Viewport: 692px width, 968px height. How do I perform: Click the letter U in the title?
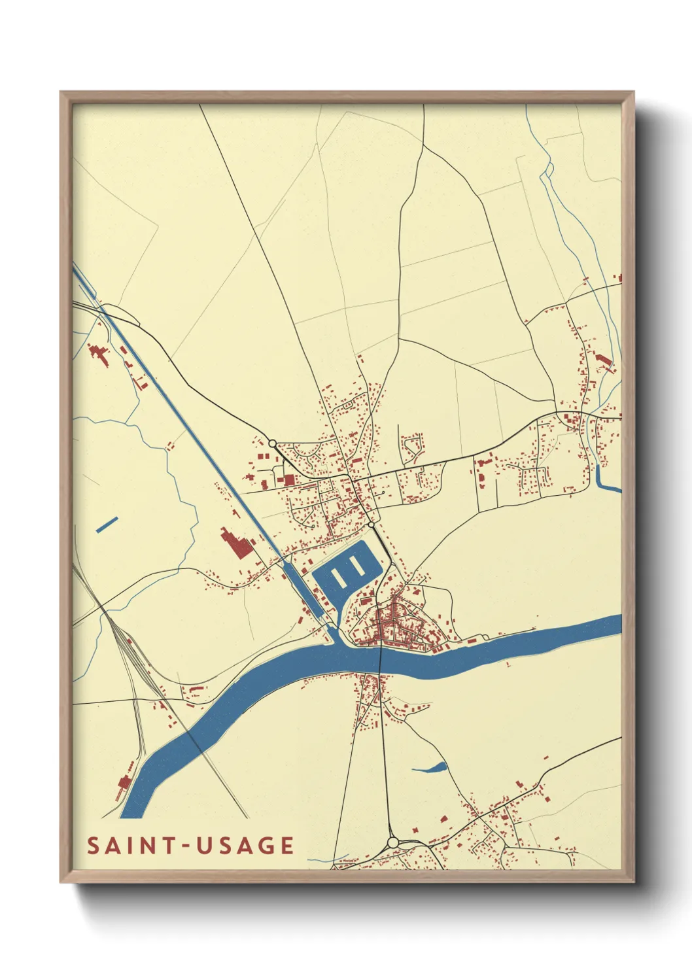(x=204, y=846)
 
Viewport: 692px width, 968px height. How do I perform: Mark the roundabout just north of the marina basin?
(x=371, y=525)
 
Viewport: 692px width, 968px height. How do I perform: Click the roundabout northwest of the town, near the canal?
(x=272, y=443)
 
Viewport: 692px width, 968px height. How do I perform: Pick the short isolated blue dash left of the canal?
(x=107, y=525)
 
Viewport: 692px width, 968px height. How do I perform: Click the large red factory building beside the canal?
(x=236, y=544)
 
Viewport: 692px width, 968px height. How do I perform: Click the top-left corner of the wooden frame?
(x=61, y=92)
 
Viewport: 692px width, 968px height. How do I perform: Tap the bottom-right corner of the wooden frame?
(x=633, y=882)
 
